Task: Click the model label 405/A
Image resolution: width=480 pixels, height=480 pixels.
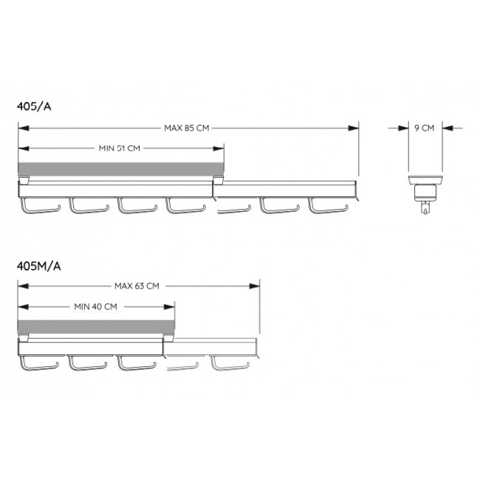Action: [x=34, y=106]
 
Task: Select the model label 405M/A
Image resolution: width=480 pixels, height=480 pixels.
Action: [x=39, y=266]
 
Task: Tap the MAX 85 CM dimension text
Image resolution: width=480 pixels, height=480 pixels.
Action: [x=186, y=128]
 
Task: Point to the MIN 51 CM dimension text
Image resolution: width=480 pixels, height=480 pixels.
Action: [x=120, y=148]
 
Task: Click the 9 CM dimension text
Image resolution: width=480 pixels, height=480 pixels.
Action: [x=425, y=128]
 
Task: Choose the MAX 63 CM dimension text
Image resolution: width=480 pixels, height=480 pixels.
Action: [x=137, y=287]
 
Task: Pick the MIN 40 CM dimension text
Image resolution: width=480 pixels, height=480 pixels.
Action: [x=95, y=306]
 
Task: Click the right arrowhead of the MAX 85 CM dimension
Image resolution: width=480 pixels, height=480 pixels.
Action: [x=353, y=128]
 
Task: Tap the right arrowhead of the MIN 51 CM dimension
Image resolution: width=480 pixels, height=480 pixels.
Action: [x=219, y=148]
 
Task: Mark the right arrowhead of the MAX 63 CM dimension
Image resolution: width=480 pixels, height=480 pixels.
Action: [x=254, y=287]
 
